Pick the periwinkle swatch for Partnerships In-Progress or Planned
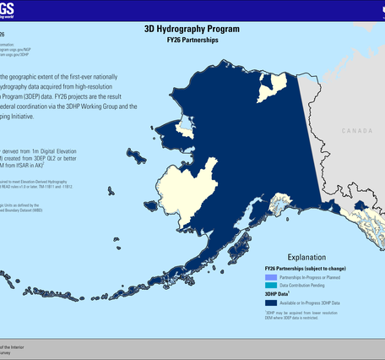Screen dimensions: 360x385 point(270,277)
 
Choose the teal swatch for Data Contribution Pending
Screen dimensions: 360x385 point(270,286)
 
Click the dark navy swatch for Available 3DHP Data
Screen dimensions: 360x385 point(270,303)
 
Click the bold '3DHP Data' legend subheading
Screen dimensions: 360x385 point(278,294)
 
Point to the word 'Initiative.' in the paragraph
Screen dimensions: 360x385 point(42,117)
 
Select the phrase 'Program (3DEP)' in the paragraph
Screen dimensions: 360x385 point(25,96)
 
